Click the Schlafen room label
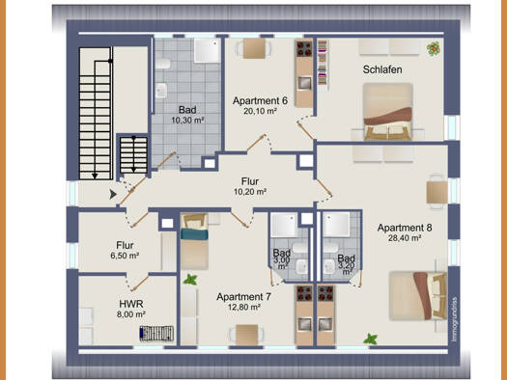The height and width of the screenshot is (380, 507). pyautogui.click(x=382, y=69)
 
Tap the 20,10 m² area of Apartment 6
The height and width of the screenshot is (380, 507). pyautogui.click(x=260, y=111)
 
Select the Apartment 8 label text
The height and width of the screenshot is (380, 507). pyautogui.click(x=405, y=228)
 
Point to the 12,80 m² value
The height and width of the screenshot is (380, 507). pyautogui.click(x=244, y=307)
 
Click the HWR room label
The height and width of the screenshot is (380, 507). pyautogui.click(x=131, y=304)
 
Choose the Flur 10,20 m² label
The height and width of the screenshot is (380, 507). pyautogui.click(x=250, y=186)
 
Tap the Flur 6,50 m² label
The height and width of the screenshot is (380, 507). pyautogui.click(x=125, y=250)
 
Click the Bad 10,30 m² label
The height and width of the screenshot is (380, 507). pyautogui.click(x=187, y=115)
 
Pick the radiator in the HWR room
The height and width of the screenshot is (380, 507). pyautogui.click(x=156, y=334)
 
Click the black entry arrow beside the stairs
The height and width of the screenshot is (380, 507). pyautogui.click(x=113, y=195)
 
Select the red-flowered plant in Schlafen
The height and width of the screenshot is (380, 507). pyautogui.click(x=434, y=48)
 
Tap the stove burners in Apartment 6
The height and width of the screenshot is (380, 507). pyautogui.click(x=304, y=48)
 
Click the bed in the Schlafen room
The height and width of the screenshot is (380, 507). pyautogui.click(x=387, y=112)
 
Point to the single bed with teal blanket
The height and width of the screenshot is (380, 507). pyautogui.click(x=194, y=241)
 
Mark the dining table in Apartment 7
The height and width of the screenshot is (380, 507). pyautogui.click(x=246, y=335)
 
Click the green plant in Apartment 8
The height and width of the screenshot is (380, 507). pyautogui.click(x=370, y=339)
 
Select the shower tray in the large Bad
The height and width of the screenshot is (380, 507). pyautogui.click(x=208, y=51)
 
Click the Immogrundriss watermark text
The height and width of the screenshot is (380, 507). pyautogui.click(x=454, y=319)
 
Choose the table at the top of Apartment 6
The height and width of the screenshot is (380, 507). pyautogui.click(x=254, y=48)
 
